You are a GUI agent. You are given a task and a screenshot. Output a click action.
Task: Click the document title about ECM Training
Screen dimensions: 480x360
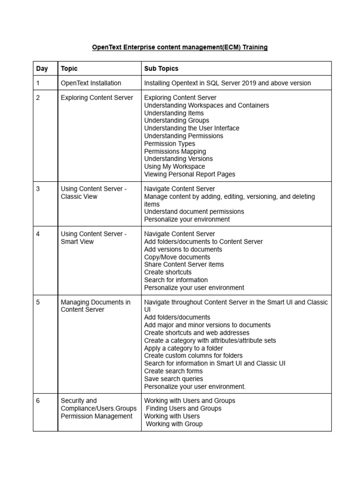point(180,47)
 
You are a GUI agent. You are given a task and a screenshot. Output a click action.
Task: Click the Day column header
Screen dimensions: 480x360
point(42,68)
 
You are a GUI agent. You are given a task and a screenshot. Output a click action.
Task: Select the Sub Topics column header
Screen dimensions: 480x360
point(161,68)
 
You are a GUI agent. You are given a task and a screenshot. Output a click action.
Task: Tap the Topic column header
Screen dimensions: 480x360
point(69,68)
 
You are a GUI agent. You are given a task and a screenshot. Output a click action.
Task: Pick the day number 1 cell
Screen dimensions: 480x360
point(38,83)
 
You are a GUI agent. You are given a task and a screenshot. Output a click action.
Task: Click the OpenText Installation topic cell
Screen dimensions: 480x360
point(91,83)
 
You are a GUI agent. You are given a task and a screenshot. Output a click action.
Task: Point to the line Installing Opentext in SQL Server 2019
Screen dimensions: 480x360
point(227,83)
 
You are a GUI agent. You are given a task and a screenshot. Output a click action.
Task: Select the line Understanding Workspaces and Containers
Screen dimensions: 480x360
point(206,105)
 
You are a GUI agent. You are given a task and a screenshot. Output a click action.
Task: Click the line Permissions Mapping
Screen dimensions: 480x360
point(175,151)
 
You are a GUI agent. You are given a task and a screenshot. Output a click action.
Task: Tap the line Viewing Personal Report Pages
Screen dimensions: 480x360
point(189,174)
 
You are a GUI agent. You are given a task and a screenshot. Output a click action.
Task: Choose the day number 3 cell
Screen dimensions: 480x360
point(38,189)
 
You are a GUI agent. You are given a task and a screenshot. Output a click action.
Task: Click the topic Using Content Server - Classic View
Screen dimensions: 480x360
point(94,193)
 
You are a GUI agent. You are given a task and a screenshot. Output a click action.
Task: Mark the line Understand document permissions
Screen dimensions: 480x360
point(194,212)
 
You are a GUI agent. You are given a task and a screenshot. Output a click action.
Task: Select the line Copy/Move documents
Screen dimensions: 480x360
point(177,257)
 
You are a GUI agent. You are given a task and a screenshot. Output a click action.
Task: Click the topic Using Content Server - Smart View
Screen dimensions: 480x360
point(94,238)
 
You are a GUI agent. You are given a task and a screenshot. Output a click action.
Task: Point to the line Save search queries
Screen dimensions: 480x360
point(173,379)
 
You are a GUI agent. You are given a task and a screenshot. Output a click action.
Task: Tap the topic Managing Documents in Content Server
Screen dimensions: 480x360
point(96,306)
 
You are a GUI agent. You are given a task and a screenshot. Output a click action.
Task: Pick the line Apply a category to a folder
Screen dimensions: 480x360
point(183,348)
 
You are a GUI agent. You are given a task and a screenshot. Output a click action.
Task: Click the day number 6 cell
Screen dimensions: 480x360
point(38,401)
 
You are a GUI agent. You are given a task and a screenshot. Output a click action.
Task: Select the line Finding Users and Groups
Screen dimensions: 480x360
point(184,408)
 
